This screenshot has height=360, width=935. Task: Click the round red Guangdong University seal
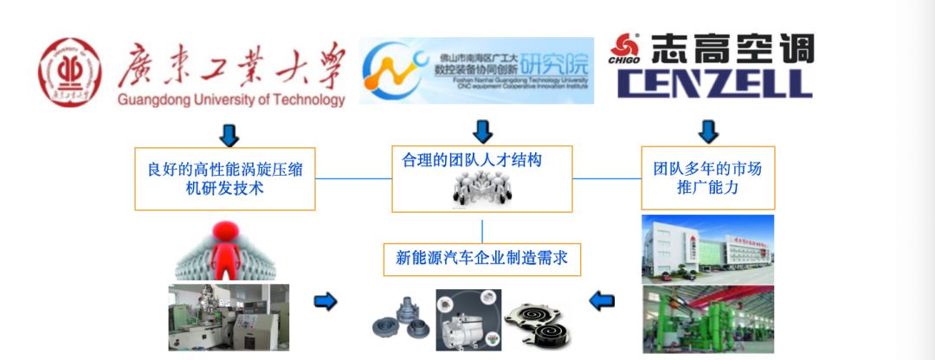pyautogui.click(x=68, y=69)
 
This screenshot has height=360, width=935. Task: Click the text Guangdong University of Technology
pyautogui.click(x=230, y=100)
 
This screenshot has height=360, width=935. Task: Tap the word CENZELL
pyautogui.click(x=713, y=83)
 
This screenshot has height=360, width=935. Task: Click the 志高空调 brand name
pyautogui.click(x=732, y=48)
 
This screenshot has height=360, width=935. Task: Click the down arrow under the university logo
pyautogui.click(x=229, y=134)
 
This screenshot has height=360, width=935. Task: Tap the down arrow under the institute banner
pyautogui.click(x=482, y=132)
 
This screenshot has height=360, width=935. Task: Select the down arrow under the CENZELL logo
pyautogui.click(x=708, y=132)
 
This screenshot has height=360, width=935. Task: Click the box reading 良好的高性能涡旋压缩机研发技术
pyautogui.click(x=223, y=177)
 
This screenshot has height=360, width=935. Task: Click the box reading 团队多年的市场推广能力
pyautogui.click(x=707, y=177)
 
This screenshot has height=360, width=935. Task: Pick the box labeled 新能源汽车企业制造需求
pyautogui.click(x=481, y=257)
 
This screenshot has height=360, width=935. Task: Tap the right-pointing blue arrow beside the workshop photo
pyautogui.click(x=325, y=301)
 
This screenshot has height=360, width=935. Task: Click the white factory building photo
pyautogui.click(x=707, y=248)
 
